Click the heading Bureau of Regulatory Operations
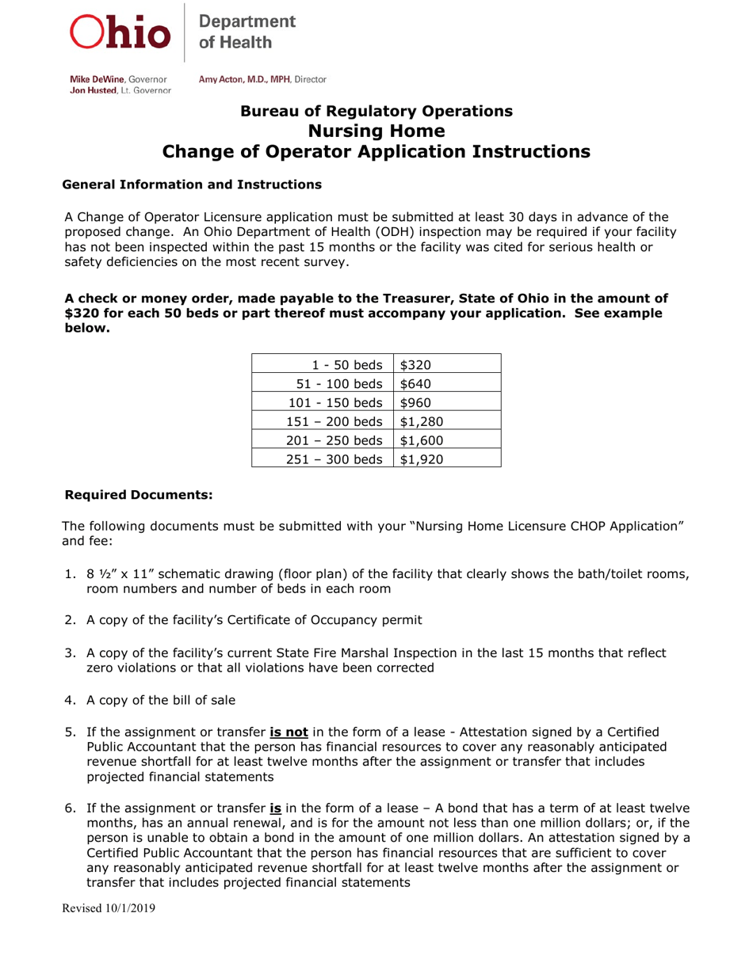click(376, 111)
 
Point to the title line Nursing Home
click(376, 131)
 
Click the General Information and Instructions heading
click(192, 185)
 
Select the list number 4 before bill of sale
click(69, 699)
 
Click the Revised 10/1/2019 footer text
click(109, 908)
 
